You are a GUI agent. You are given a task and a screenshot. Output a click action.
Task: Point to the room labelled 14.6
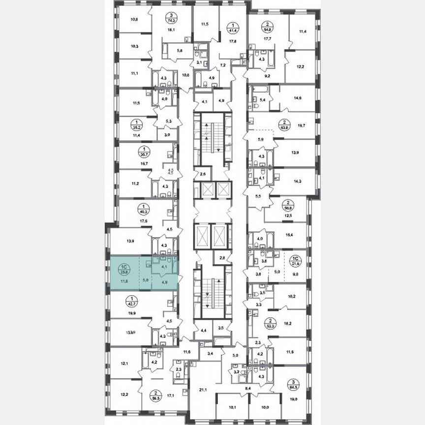point(297,98)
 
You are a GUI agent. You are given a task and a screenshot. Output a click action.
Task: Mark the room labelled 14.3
point(297,181)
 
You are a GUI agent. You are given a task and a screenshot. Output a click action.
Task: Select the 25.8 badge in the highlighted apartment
point(123,269)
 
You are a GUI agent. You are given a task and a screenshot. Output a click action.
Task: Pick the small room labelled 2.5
point(203,174)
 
